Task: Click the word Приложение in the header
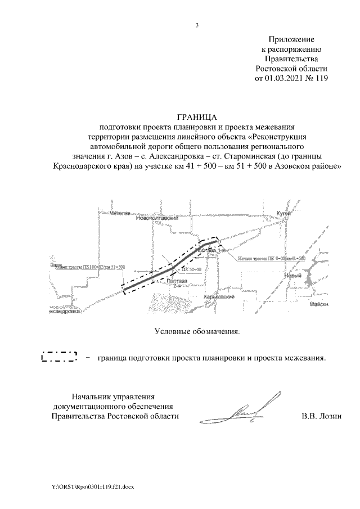291,39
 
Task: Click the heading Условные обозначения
197,332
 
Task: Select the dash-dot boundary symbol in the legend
59,357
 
